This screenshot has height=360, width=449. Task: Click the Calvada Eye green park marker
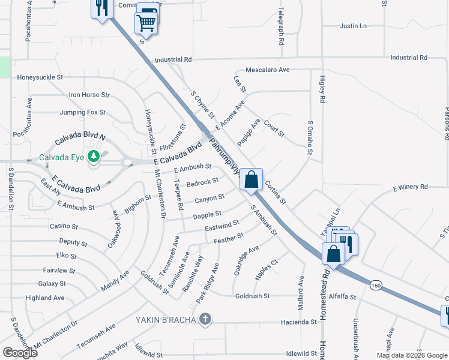coord(93,157)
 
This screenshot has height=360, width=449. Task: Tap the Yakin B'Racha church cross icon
coord(205,319)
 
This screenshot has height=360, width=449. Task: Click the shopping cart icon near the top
coord(146,23)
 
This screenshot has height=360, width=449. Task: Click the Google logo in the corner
coord(20,352)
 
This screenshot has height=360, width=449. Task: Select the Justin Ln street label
coord(353,26)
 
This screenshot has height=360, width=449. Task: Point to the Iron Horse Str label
coord(89,95)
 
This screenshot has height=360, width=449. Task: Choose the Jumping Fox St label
coord(82,112)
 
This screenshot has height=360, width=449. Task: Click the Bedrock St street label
coord(202,182)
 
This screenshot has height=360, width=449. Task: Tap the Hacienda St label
coord(299,322)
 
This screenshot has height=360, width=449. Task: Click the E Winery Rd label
coord(411,187)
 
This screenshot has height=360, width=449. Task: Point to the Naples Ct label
coord(267,269)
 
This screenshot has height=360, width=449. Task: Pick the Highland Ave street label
coord(44,298)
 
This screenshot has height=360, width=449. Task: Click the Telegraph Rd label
coord(280,28)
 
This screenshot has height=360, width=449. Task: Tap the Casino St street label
coord(64,226)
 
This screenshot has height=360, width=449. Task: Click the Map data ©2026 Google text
coord(412,355)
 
